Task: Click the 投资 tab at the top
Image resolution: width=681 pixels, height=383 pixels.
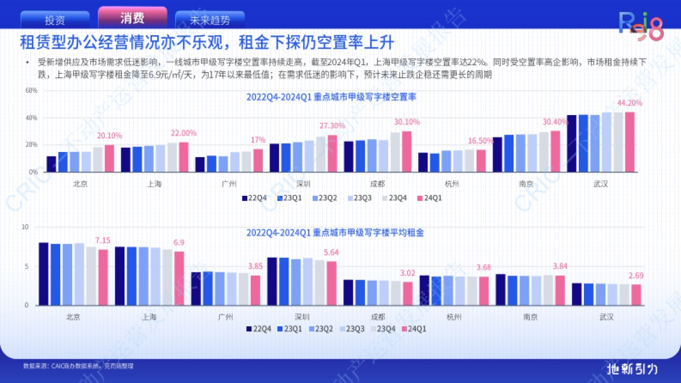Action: pos(54,20)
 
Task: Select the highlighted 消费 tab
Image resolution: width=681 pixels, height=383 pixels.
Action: pos(132,18)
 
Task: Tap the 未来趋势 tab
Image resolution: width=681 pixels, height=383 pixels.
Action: pos(210,20)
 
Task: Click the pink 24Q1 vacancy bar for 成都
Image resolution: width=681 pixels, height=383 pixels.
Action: pos(407,151)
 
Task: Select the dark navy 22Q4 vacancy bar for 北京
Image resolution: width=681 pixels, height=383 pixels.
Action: pos(51,164)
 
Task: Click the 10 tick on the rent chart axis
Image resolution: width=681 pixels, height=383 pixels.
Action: pos(24,227)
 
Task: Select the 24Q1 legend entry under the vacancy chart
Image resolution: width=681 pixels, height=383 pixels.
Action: pos(429,198)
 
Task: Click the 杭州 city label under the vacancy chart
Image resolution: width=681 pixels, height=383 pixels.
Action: pos(452,184)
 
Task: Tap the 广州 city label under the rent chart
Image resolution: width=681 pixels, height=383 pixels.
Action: pos(225,317)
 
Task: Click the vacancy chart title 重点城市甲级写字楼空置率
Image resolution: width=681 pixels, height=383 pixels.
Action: pos(331,97)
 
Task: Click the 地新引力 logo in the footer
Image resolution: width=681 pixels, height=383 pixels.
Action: pos(632,368)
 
